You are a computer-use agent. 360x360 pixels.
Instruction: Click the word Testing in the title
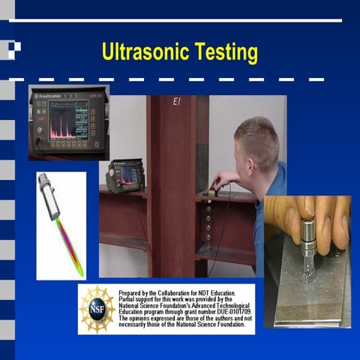(x=226, y=53)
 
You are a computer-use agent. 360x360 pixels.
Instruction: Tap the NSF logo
(x=97, y=308)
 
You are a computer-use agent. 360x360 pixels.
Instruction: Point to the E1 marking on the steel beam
(x=178, y=101)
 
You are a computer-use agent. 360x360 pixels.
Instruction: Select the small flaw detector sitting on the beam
(x=125, y=176)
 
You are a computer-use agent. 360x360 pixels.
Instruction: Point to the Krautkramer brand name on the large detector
(x=53, y=97)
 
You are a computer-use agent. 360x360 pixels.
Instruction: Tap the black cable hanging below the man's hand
(x=218, y=225)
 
